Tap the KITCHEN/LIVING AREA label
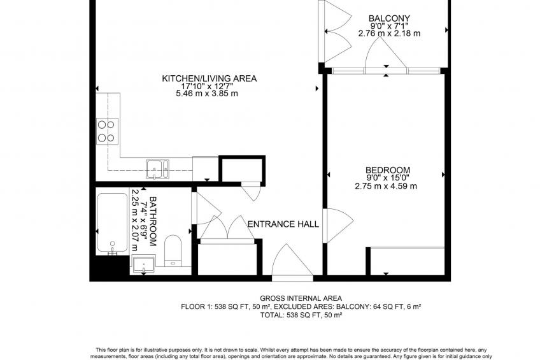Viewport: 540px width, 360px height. point(210,78)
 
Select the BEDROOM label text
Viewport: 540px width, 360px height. point(388,170)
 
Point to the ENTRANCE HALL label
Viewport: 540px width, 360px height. point(283,224)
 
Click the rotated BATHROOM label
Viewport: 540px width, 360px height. point(153,221)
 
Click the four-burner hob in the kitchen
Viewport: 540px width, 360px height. point(107,131)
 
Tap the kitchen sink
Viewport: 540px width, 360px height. point(157,169)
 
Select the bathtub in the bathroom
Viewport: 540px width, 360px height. point(112,223)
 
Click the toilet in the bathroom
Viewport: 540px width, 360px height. point(173,250)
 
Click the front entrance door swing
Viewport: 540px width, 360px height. point(292,260)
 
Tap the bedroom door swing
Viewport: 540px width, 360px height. point(338,226)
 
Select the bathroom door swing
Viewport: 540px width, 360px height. point(206,208)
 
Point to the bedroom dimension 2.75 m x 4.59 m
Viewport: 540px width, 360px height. point(386,187)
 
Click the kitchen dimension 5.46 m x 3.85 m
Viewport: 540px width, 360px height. point(206,94)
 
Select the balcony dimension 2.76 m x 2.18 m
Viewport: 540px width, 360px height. point(389,33)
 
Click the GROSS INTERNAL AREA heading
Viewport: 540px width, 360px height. point(301,298)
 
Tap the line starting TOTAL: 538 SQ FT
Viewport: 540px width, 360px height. point(301,315)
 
